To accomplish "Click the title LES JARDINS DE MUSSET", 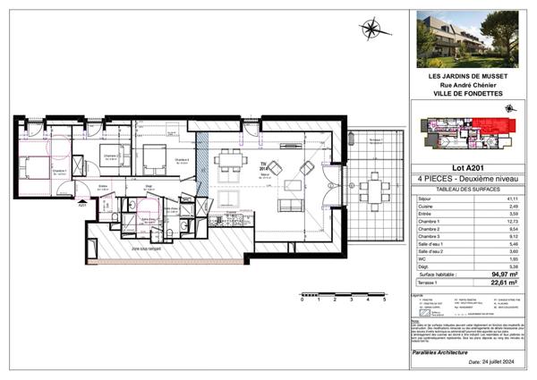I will coord(469,76).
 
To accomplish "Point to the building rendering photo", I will coord(469,39).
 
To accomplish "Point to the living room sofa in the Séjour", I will coord(291,205).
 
